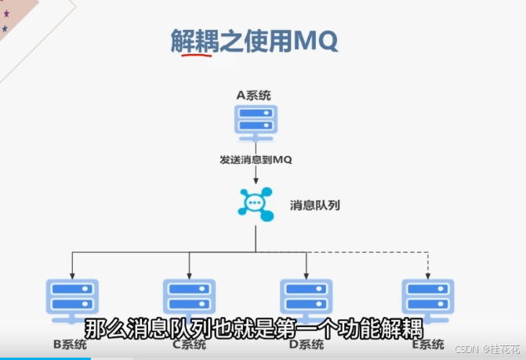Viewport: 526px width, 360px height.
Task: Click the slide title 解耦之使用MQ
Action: pos(254,40)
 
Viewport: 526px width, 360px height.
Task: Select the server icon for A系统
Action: pos(256,122)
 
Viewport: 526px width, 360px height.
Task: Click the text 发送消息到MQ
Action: pos(256,160)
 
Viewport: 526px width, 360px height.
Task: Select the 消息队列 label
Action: pos(315,205)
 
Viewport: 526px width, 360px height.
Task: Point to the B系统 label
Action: pos(68,344)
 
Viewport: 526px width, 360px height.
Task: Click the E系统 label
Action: pos(426,344)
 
